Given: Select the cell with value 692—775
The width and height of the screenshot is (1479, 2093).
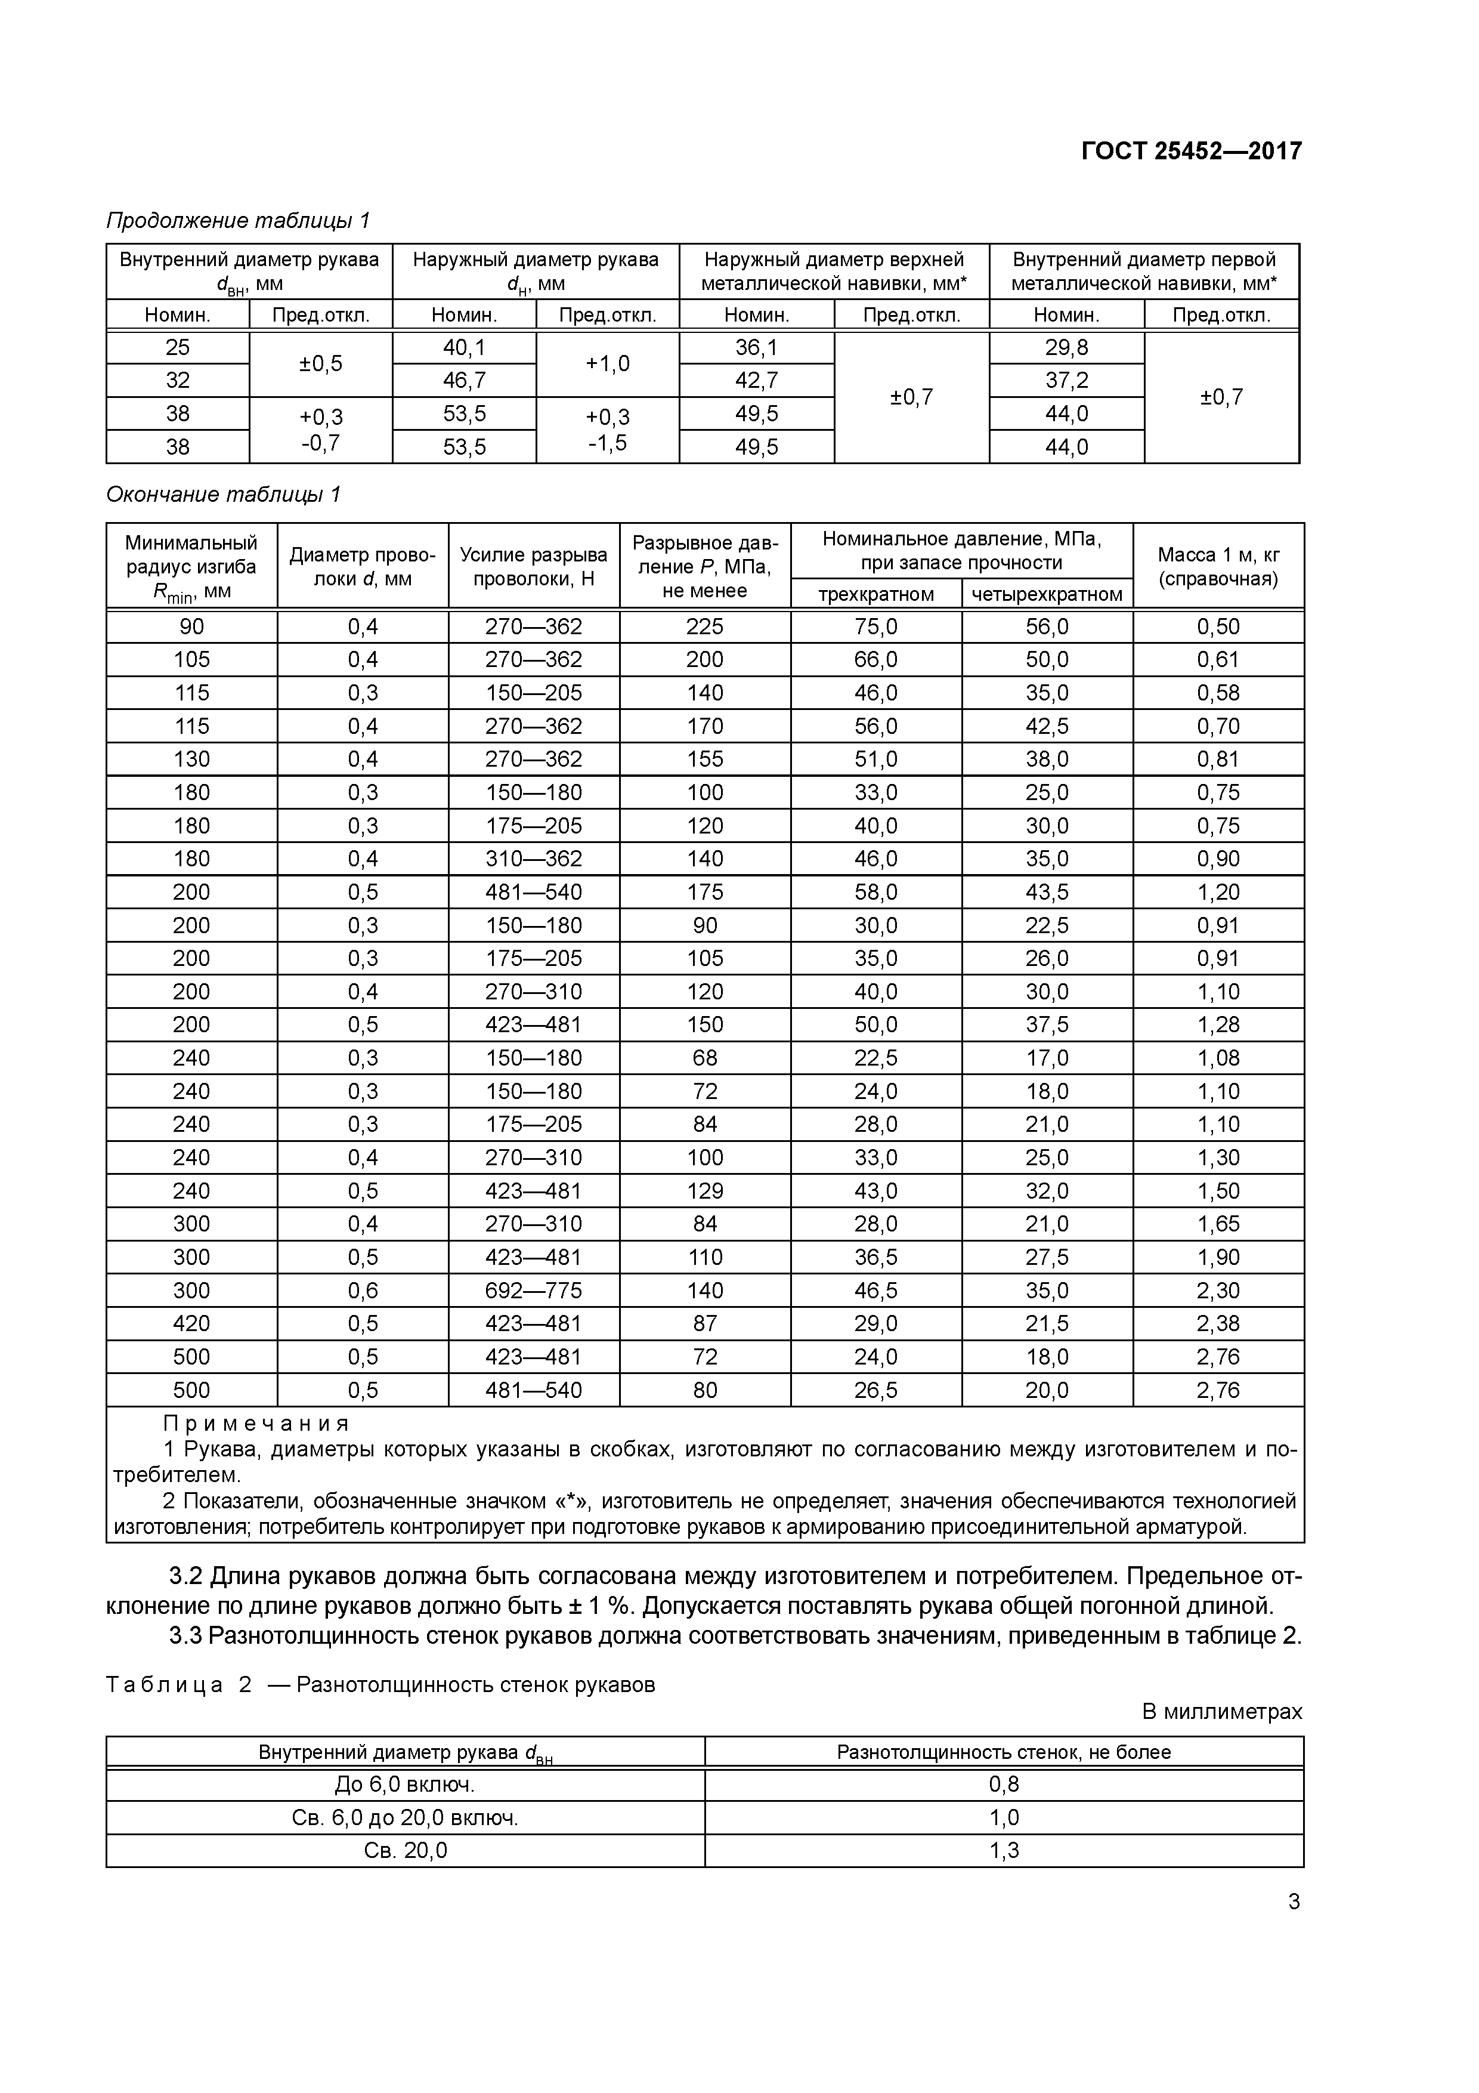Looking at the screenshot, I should click(533, 1291).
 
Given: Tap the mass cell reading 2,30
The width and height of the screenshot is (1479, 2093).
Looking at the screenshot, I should click(1218, 1291).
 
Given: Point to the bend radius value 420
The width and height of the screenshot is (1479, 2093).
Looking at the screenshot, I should click(191, 1323).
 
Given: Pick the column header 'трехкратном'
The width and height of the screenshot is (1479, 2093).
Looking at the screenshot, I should click(875, 594).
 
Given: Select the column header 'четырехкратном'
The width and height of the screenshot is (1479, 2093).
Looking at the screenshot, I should click(1047, 594).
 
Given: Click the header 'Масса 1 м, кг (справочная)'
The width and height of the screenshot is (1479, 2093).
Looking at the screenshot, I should click(1218, 566).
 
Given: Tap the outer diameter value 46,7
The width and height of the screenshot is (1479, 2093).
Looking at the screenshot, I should click(464, 380).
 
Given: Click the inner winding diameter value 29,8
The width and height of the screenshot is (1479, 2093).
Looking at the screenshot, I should click(1066, 347).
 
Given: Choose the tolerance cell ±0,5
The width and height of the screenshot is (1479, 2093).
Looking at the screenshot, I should click(321, 364).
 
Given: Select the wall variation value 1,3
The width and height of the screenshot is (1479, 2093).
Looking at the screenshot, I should click(1004, 1851).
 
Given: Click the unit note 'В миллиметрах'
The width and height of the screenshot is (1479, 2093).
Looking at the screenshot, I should click(1222, 1712).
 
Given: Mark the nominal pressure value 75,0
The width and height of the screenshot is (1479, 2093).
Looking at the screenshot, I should click(875, 627).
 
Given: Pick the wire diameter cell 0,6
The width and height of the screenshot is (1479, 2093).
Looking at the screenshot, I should click(363, 1291).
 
